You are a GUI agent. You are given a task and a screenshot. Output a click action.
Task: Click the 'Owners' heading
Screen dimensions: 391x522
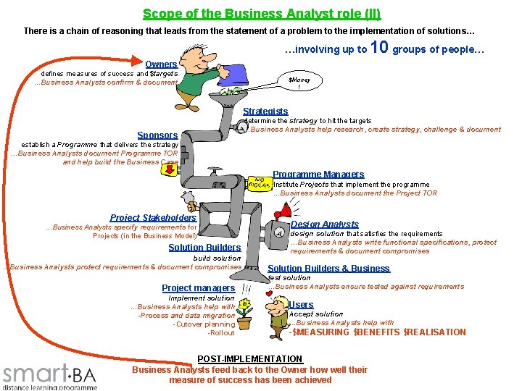pos(161,64)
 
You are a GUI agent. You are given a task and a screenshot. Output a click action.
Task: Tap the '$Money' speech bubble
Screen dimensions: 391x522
pos(299,83)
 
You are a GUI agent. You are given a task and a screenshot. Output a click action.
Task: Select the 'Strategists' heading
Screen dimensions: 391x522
pos(265,112)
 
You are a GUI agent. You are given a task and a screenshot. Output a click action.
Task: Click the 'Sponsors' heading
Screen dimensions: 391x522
pos(157,135)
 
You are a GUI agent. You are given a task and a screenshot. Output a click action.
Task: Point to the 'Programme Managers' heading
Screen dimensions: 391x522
pos(318,174)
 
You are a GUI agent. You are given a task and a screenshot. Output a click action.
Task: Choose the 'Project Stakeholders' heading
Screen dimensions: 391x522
pos(153,217)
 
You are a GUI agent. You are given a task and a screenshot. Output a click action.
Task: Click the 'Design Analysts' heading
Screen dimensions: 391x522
pos(324,224)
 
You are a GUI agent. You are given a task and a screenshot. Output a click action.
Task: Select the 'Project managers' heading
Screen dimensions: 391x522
pos(198,287)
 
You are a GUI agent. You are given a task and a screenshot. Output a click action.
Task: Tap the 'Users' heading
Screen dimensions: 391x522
pos(301,305)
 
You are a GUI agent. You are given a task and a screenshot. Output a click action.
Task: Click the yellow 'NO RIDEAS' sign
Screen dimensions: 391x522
pos(259,182)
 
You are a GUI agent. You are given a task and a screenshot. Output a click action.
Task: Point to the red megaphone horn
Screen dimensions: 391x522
pos(281,211)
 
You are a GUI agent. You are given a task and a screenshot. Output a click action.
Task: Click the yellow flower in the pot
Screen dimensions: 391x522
pos(245,305)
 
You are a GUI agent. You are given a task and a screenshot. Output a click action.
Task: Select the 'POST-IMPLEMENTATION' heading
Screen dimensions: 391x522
pos(249,359)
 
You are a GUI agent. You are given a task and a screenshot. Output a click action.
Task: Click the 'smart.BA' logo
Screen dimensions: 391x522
pos(49,374)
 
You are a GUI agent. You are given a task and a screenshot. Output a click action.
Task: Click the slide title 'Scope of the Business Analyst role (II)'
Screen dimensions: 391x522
pos(261,14)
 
